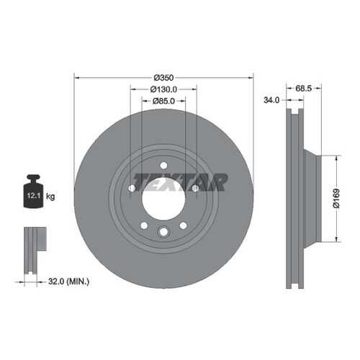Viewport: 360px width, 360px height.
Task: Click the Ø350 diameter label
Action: (x=163, y=78)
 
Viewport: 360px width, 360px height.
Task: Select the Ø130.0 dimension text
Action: (x=163, y=89)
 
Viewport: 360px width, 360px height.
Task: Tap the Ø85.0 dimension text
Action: (x=163, y=101)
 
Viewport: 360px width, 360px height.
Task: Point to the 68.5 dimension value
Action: (x=303, y=89)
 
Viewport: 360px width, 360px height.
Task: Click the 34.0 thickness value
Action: (x=271, y=100)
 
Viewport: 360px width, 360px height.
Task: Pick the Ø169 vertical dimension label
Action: (x=336, y=198)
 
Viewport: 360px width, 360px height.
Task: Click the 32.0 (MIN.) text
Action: (x=68, y=281)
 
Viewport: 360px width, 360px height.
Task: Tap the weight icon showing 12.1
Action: (x=34, y=192)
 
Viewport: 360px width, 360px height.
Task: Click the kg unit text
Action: (x=50, y=197)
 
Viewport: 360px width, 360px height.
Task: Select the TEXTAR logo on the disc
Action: (x=180, y=182)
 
